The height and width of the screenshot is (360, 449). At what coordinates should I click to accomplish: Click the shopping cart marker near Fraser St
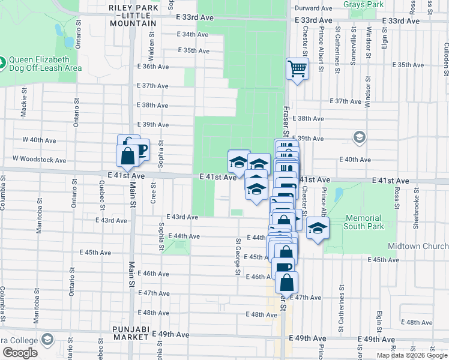pos(297,69)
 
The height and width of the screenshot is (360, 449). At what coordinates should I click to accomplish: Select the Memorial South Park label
pos(363,222)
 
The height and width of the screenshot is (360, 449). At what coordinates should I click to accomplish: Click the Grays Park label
pos(363,4)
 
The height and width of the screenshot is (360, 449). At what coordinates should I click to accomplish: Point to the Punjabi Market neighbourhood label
pos(133,329)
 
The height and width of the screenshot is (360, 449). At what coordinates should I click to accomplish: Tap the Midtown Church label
pos(426,247)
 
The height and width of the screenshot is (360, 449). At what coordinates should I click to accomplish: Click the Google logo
pos(20,352)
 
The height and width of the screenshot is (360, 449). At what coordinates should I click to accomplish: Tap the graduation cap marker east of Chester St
pos(318,228)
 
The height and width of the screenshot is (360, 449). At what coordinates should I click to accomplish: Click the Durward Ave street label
pos(313,8)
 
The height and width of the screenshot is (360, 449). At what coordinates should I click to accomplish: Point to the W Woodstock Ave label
pos(39,160)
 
